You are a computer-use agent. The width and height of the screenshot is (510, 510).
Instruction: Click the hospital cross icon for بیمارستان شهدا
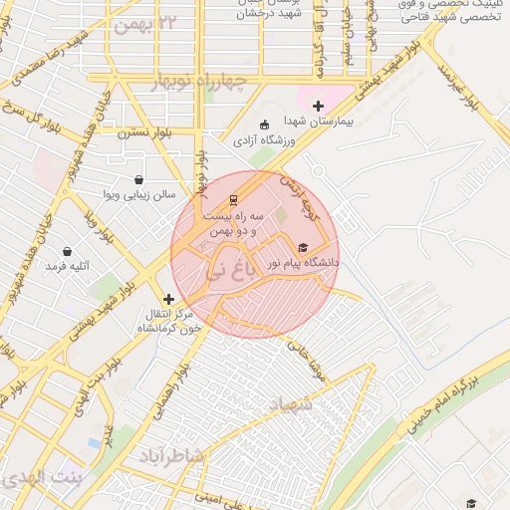click(318, 106)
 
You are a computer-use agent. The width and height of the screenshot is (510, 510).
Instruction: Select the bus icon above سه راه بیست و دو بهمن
click(233, 199)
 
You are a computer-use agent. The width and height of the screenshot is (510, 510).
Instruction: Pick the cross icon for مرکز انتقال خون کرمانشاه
click(168, 299)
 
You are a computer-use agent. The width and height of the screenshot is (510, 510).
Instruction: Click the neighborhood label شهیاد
click(292, 405)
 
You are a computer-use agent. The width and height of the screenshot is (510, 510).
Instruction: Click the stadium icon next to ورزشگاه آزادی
click(263, 125)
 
